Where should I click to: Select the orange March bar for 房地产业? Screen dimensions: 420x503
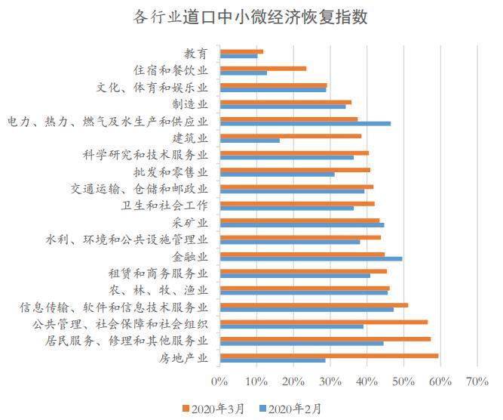tap(329, 355)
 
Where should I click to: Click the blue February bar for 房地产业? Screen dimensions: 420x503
tap(272, 360)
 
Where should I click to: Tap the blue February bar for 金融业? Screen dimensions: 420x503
tap(311, 258)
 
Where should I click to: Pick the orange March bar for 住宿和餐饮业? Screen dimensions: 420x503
tap(263, 68)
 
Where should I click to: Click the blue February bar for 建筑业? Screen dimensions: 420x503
tap(250, 141)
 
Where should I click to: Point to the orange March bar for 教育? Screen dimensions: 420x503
tap(241, 51)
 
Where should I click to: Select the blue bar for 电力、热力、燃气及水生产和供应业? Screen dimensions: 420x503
tap(305, 123)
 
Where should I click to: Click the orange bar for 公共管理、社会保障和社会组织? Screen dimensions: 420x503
tap(324, 321)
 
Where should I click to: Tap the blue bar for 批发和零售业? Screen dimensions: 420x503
tap(277, 174)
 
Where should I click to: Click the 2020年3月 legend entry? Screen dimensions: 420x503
tap(213, 409)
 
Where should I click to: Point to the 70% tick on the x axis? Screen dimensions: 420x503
tap(477, 381)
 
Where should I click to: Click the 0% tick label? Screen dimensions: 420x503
tap(219, 381)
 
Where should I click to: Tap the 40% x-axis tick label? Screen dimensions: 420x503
tap(367, 381)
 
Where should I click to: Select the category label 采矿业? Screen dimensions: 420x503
tap(190, 222)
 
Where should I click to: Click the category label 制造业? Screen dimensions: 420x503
tap(190, 103)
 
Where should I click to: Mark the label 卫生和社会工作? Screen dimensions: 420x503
tap(164, 205)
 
